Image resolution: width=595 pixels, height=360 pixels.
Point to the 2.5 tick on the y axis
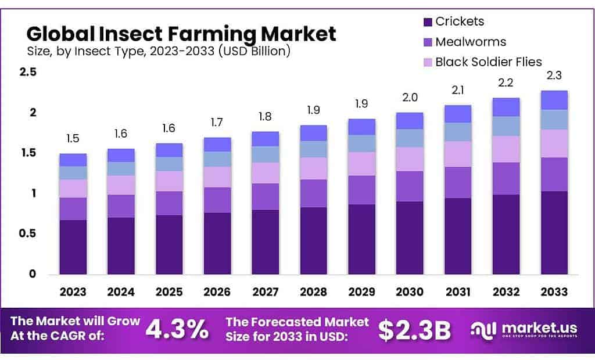(27, 73)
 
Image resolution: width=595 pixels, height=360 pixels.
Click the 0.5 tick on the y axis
(27, 233)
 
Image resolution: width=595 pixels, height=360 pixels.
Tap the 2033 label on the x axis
(554, 291)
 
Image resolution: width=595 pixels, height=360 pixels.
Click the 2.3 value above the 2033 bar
(554, 75)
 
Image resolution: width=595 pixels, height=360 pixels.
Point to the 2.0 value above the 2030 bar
(410, 98)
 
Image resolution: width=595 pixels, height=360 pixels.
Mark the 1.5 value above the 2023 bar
(73, 139)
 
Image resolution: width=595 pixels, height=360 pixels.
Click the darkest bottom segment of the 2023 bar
(73, 247)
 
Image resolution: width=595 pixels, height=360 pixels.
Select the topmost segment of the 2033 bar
(554, 100)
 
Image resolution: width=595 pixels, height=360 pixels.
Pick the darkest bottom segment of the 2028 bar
(314, 240)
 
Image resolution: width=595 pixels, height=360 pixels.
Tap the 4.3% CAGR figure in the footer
(177, 329)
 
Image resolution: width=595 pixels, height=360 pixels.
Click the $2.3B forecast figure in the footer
(414, 330)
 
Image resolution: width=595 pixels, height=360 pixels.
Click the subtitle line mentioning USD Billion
(158, 51)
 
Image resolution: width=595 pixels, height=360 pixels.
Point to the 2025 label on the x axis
(169, 291)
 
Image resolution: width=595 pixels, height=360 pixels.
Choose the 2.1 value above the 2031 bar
(458, 89)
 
